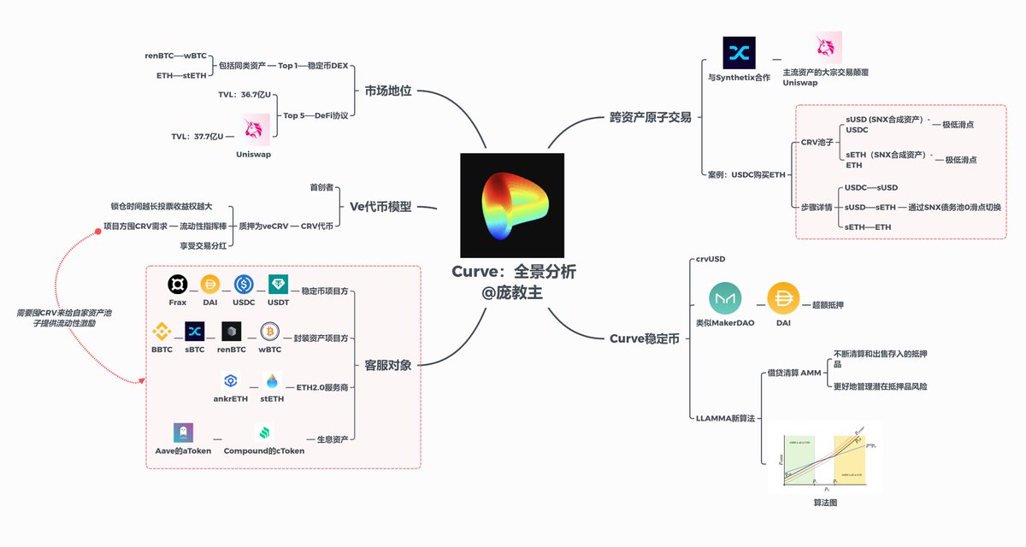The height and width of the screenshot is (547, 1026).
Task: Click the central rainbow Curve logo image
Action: click(512, 205)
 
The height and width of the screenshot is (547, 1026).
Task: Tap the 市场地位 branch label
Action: click(387, 91)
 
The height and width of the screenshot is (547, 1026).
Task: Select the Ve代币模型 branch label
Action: click(380, 206)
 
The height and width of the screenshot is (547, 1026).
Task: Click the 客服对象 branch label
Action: click(387, 365)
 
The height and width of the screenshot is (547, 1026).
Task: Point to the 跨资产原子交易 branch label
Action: click(650, 117)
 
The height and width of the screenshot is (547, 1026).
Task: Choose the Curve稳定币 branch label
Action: click(644, 338)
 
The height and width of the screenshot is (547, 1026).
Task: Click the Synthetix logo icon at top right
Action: click(740, 53)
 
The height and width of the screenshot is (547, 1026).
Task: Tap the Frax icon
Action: click(177, 285)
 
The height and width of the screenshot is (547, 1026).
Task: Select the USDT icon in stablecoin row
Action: click(278, 285)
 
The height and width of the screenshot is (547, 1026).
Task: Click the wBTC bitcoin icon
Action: click(270, 331)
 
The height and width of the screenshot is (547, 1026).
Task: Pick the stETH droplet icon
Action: click(272, 381)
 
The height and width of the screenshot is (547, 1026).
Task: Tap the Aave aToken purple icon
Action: click(183, 432)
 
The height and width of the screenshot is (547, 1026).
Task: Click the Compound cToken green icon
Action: click(263, 432)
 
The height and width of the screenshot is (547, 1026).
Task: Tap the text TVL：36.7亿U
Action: click(251, 94)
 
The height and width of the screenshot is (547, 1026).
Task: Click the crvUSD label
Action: click(710, 258)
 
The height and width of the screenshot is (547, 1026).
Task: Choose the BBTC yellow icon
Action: click(162, 331)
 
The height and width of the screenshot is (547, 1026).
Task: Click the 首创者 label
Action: click(321, 185)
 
